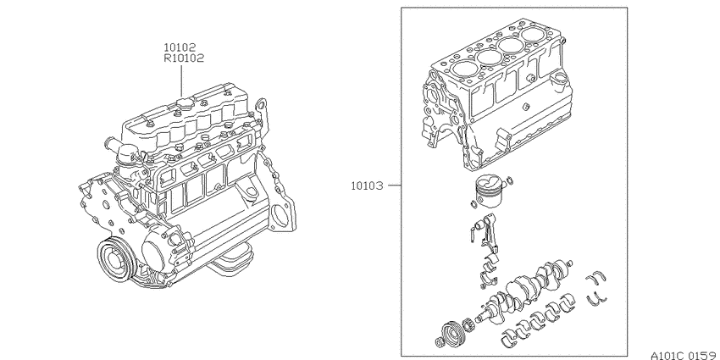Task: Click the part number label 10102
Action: [180, 47]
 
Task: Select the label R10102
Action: [184, 58]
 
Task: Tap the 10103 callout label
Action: [367, 186]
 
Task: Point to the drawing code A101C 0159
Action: [684, 356]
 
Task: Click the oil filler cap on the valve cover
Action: [184, 102]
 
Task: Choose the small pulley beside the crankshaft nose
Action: [451, 331]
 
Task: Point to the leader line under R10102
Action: [181, 80]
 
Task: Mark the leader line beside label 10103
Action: [395, 186]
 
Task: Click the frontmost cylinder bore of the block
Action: [464, 69]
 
